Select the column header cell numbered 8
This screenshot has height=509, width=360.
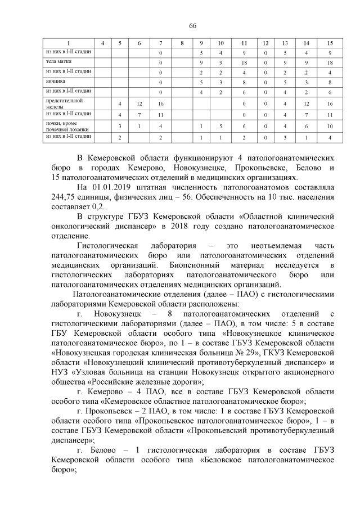point(182,43)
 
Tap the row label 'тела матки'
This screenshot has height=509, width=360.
point(58,61)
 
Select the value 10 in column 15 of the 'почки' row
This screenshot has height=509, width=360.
point(330,127)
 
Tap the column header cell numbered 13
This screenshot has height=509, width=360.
point(285,43)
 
